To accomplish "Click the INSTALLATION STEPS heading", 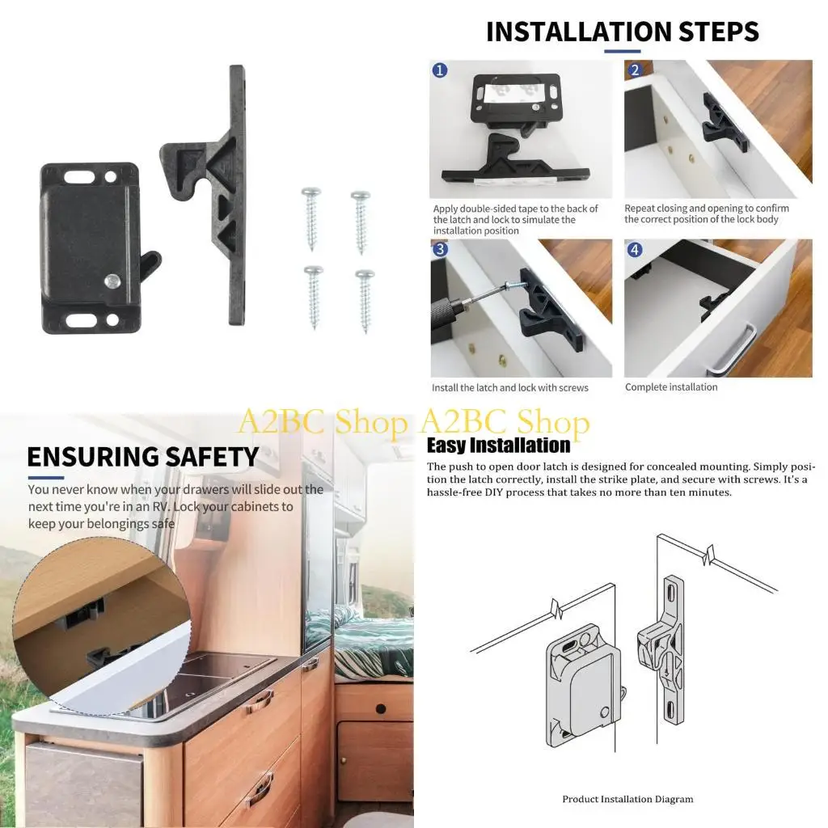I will tap(622, 32).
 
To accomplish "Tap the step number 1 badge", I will tap(440, 70).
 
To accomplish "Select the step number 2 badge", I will tap(634, 70).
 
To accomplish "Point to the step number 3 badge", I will tap(440, 249).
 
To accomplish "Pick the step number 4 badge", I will tap(634, 249).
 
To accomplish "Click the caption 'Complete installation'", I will tap(671, 387).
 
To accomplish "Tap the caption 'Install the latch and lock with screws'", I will tap(510, 388).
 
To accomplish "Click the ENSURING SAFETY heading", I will tap(142, 456).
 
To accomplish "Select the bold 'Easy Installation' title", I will tap(498, 446).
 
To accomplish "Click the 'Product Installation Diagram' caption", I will tap(627, 799).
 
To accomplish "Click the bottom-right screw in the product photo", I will tap(365, 299).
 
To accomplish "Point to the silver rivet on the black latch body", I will tap(112, 280).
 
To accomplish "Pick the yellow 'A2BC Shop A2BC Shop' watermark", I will tap(413, 423).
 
